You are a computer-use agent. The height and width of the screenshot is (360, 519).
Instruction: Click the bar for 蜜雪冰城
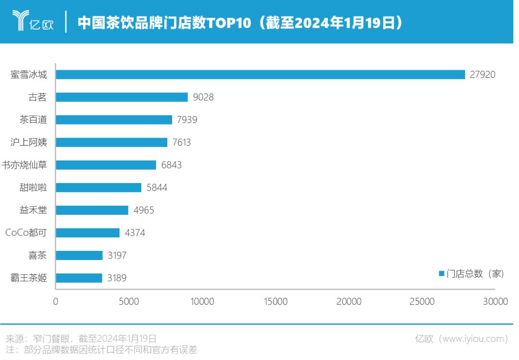coord(260,74)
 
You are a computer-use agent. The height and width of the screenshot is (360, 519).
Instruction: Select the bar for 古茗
coord(122,97)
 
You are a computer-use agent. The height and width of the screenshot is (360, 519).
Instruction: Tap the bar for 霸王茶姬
coord(79,278)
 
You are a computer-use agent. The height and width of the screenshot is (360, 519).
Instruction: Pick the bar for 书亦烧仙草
coord(106,165)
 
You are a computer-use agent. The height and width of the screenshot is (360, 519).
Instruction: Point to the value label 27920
coord(482,74)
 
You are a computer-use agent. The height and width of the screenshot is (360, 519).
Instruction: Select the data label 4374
coord(135,233)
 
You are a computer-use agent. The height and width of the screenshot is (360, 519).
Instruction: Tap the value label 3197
coord(117,255)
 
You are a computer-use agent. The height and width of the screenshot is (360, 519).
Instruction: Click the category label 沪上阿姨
coord(29,142)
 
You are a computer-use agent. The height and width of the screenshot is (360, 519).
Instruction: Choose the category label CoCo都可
coord(26,233)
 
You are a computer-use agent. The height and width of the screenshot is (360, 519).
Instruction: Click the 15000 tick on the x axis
coord(275,302)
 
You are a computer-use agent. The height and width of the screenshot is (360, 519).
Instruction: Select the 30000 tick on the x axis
coord(495,302)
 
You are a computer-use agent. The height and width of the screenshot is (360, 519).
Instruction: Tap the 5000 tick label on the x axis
coord(129,302)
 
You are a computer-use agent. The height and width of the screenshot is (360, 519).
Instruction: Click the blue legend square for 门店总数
coord(441,273)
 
